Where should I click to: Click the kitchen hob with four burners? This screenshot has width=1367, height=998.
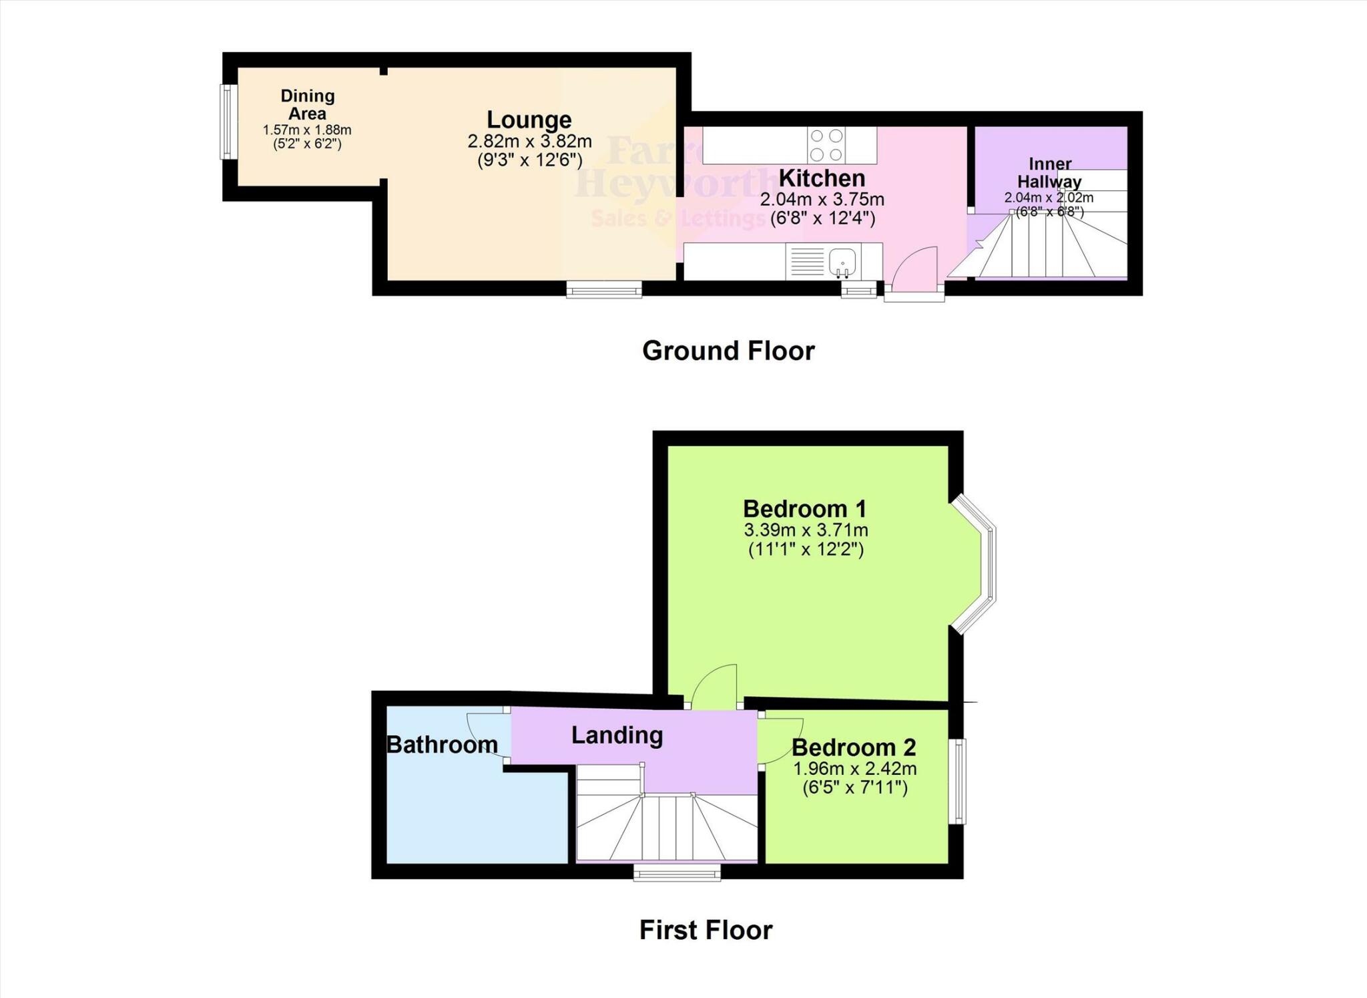click(826, 145)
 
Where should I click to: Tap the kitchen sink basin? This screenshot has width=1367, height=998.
click(843, 261)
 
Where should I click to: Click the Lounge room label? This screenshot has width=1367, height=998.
click(529, 120)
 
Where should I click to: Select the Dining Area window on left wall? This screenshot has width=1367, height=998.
click(228, 122)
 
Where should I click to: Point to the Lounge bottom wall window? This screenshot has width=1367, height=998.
click(604, 289)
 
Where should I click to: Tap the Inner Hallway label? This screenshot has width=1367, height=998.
click(1049, 172)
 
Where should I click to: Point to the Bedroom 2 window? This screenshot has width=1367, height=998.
click(957, 781)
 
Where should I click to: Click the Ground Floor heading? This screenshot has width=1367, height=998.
click(728, 351)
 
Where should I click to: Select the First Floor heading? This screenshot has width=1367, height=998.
click(706, 930)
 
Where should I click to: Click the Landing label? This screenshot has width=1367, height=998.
click(617, 735)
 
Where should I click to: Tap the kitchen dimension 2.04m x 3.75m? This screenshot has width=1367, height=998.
click(822, 199)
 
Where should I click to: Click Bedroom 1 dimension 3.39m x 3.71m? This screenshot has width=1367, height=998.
click(806, 530)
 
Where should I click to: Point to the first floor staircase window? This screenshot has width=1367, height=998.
click(677, 872)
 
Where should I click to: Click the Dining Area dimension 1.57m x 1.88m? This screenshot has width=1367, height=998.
click(307, 130)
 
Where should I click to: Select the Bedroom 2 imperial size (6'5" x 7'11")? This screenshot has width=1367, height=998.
click(854, 788)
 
